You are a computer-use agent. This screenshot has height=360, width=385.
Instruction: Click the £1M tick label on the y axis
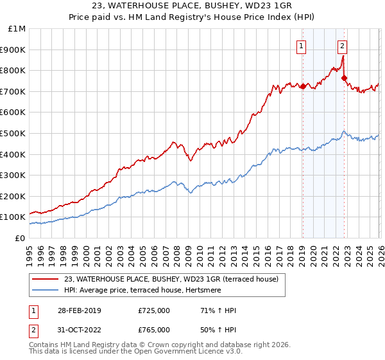point(17,29)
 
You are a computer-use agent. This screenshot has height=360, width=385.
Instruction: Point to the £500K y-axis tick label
point(13,133)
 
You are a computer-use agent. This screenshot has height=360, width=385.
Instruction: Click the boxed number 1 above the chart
point(302,46)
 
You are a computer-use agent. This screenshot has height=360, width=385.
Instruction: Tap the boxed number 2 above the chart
point(343,46)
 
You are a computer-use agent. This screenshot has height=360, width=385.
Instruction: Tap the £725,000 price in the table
point(154,310)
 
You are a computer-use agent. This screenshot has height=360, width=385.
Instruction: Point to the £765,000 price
point(154,330)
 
